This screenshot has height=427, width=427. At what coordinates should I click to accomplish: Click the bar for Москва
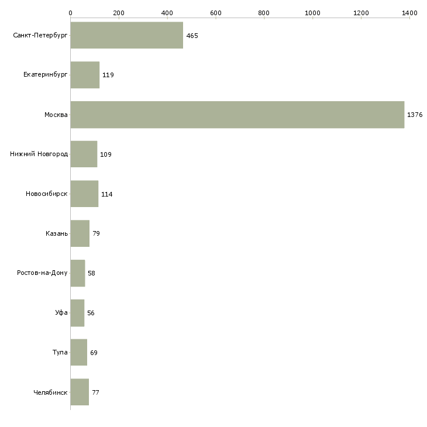[x=237, y=115]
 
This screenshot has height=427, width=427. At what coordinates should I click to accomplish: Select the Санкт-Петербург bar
[x=126, y=36]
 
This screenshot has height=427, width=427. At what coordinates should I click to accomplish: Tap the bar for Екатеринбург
[x=85, y=75]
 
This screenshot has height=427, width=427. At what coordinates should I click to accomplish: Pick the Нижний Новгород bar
[x=84, y=154]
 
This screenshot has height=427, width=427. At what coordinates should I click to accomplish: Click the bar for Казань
[x=80, y=233]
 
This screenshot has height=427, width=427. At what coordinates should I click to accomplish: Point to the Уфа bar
[x=77, y=313]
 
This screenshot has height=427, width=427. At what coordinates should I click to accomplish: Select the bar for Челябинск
[x=80, y=392]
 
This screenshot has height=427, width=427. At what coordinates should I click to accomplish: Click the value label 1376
[x=415, y=115]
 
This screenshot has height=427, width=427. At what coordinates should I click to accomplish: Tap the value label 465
[x=192, y=36]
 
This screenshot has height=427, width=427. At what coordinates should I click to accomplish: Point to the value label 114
[x=106, y=194]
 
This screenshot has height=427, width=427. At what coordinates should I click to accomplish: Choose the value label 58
[x=91, y=273]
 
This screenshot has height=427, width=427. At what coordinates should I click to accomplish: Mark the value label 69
[x=94, y=353]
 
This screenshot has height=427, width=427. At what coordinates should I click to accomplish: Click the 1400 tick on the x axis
[x=409, y=12]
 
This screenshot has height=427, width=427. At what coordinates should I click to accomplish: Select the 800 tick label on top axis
[x=264, y=12]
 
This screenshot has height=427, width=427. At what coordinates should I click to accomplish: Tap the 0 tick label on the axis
[x=70, y=12]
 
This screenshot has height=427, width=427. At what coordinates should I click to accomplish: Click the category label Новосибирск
[x=47, y=194]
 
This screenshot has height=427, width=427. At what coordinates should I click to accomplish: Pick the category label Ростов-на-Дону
[x=43, y=273]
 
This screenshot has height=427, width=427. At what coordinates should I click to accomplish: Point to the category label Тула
[x=60, y=353]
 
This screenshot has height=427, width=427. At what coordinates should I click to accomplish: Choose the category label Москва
[x=56, y=115]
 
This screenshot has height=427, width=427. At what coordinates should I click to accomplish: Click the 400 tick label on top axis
[x=167, y=12]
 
